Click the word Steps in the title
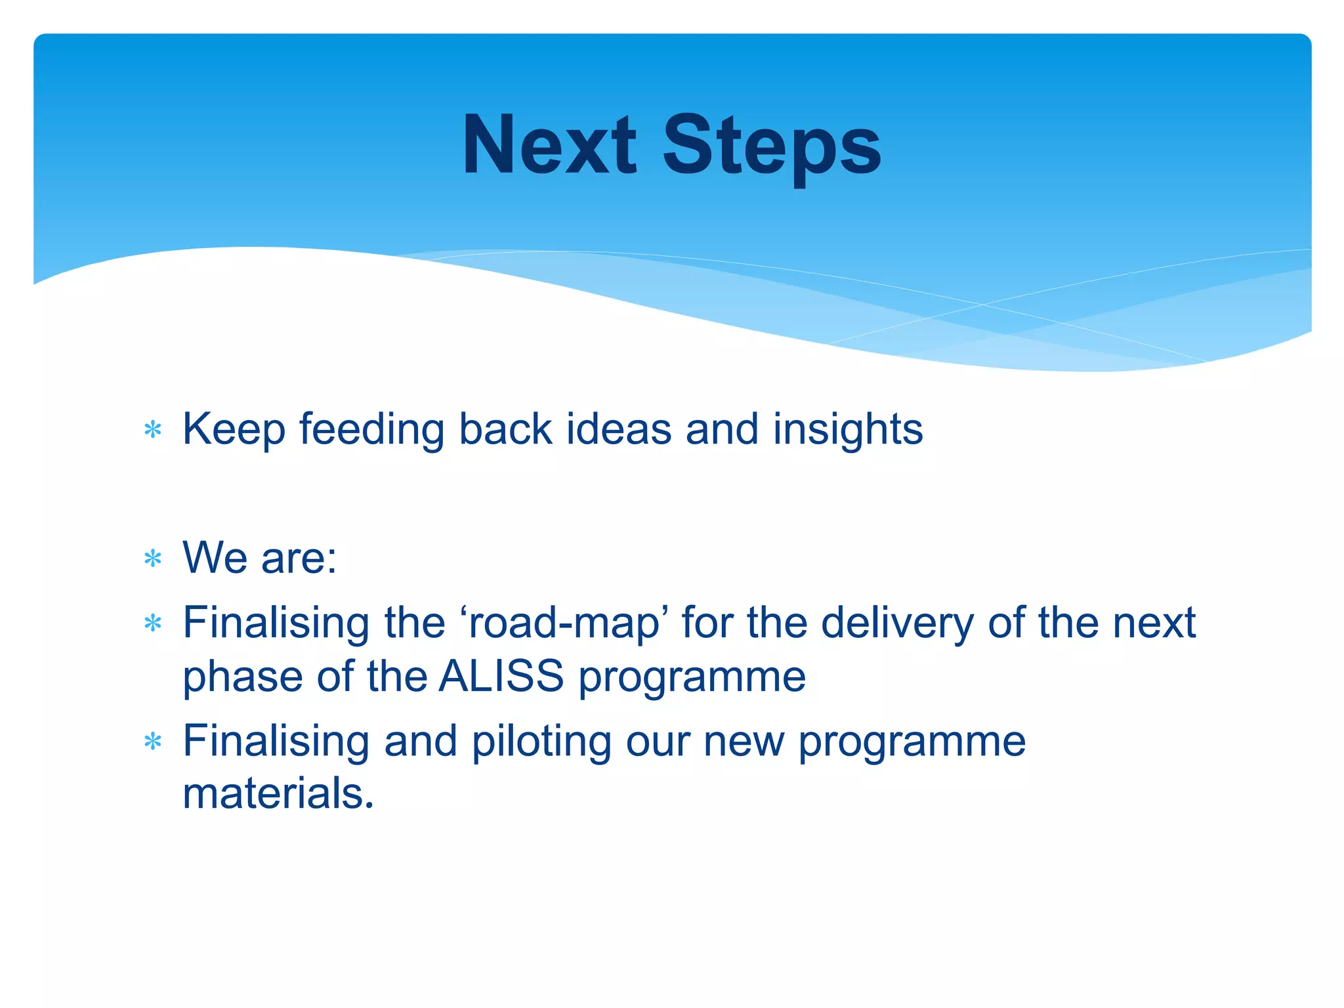tap(772, 146)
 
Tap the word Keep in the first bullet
tap(234, 430)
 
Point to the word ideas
tap(619, 430)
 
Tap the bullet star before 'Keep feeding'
tap(153, 430)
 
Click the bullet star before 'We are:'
tap(153, 559)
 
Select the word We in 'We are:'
tap(214, 558)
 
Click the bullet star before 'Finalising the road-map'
tap(153, 623)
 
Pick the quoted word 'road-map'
tap(564, 623)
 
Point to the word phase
tap(242, 677)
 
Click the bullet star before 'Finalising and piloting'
tap(153, 742)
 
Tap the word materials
tap(278, 794)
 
